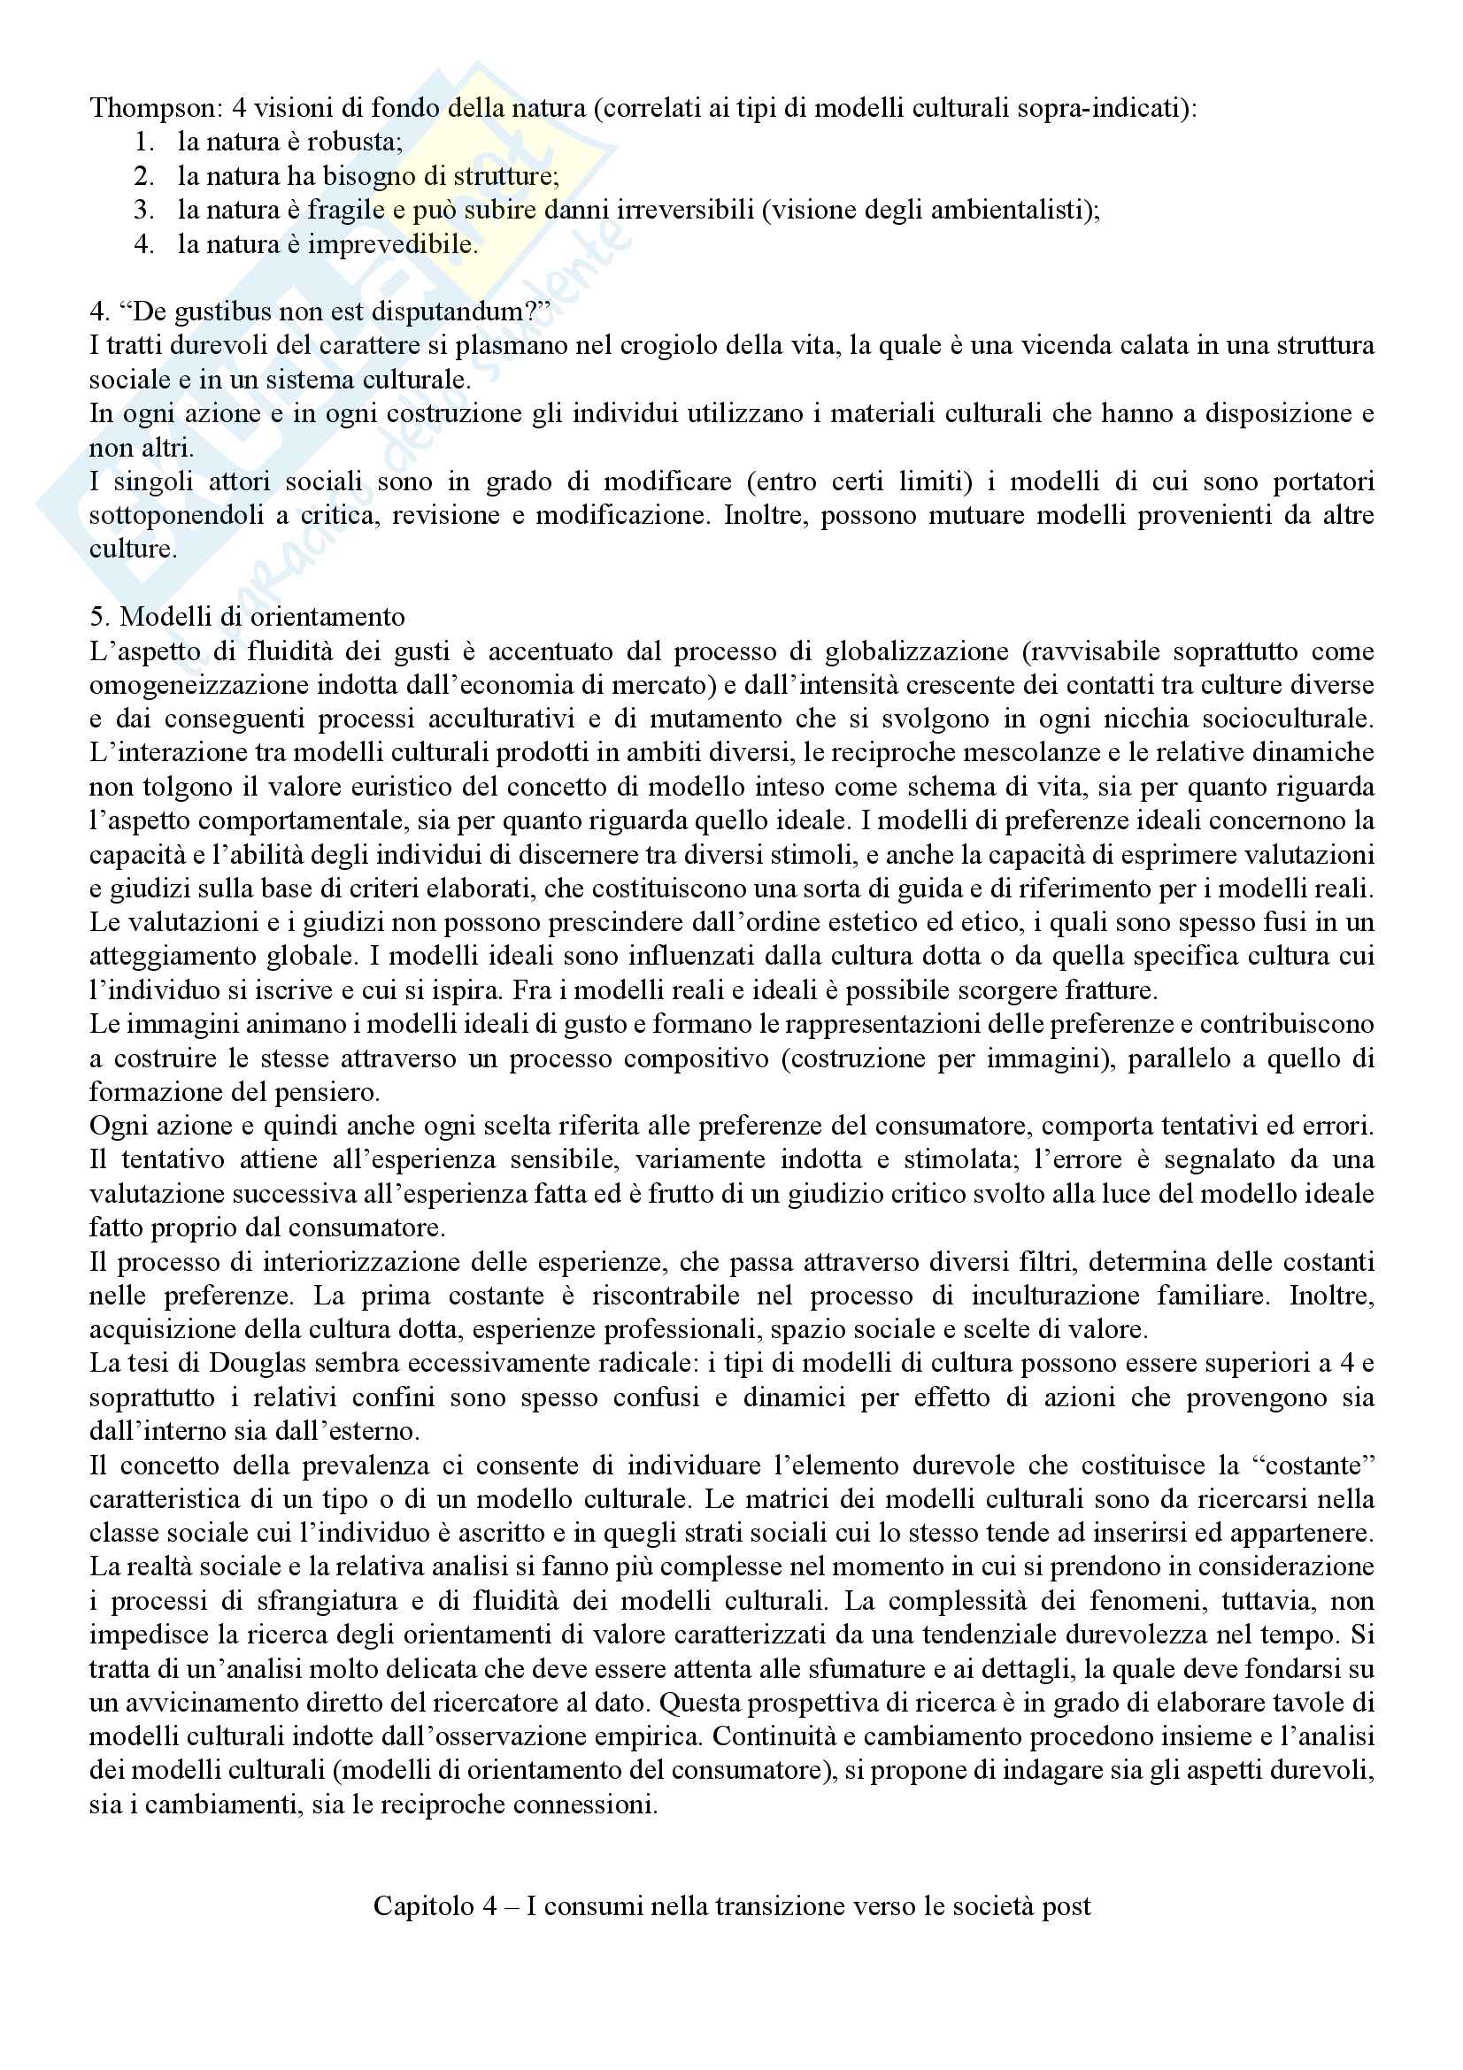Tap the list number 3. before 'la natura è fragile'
[x=144, y=210]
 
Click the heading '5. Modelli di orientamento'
[x=247, y=618]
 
